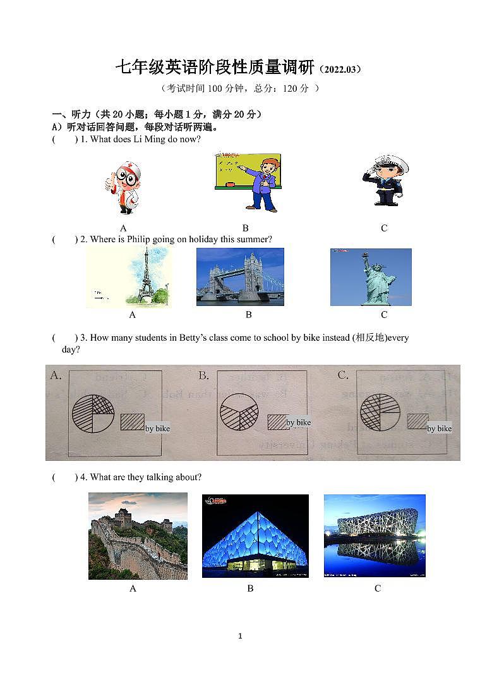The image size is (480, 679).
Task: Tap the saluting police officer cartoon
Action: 385,180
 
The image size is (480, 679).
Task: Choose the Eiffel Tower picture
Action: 128,278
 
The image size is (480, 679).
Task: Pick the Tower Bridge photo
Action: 240,277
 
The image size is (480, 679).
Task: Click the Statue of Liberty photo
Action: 371,277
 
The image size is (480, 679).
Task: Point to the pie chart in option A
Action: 93,413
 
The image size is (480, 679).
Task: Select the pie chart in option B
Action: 239,413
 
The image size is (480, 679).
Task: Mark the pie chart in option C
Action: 380,412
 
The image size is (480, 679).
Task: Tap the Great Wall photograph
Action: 138,536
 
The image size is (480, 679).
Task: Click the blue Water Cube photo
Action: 255,536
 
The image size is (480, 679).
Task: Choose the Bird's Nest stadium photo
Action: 375,536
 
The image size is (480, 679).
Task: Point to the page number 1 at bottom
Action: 240,636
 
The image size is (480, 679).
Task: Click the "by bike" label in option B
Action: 299,422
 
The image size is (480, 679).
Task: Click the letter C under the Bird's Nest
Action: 378,589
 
